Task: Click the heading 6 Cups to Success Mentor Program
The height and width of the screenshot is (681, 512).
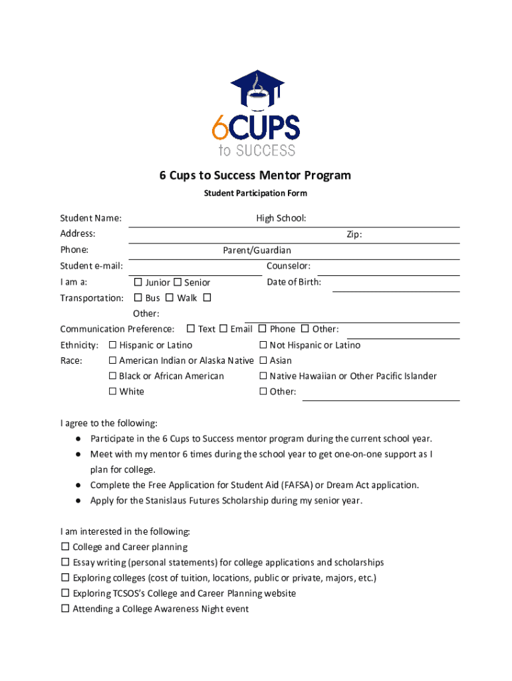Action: click(255, 176)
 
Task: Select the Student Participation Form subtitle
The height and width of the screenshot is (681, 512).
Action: click(255, 194)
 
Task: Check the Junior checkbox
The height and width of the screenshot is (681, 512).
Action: click(138, 283)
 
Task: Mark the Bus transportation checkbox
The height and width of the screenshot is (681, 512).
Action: click(138, 298)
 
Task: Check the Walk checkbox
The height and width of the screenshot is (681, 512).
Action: click(170, 298)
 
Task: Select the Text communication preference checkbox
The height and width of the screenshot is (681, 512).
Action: click(191, 329)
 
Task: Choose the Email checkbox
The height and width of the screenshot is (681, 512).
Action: click(223, 329)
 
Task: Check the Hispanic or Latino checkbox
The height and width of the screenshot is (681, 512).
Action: click(112, 345)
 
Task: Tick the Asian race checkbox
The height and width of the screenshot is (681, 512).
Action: click(263, 360)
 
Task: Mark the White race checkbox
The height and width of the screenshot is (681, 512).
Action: click(112, 391)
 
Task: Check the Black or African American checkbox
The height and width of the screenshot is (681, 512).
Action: click(112, 376)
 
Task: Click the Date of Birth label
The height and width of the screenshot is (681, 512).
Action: click(294, 282)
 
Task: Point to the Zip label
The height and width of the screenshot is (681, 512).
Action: click(354, 234)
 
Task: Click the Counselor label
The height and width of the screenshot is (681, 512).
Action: click(289, 266)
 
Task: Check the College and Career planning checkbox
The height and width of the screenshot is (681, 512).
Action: click(65, 547)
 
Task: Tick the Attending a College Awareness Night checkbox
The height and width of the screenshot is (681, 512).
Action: click(65, 609)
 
